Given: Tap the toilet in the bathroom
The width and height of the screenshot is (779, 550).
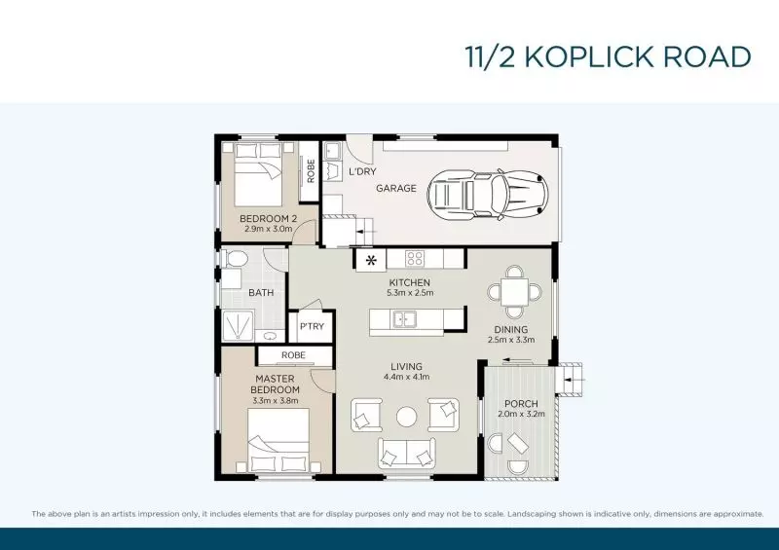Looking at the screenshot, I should [x=234, y=259].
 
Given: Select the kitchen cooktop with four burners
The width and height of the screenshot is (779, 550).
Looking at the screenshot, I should [x=414, y=259].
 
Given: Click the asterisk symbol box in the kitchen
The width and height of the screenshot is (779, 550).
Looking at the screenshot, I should [x=370, y=260].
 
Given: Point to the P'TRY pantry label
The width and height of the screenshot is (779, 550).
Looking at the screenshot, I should [x=312, y=326].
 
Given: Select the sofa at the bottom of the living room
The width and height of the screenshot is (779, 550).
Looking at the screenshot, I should [x=406, y=451].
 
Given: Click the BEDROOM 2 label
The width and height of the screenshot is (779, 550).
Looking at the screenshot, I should [x=262, y=218].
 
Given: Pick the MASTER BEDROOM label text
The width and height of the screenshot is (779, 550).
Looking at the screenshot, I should [x=275, y=384].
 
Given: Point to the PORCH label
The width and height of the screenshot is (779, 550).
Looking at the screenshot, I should [x=521, y=404].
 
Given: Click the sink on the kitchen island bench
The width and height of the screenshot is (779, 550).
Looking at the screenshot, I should [x=404, y=318].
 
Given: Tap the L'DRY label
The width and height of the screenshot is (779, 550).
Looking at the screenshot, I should [x=362, y=172].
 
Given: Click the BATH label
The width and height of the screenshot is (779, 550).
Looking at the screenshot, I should [x=261, y=292].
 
